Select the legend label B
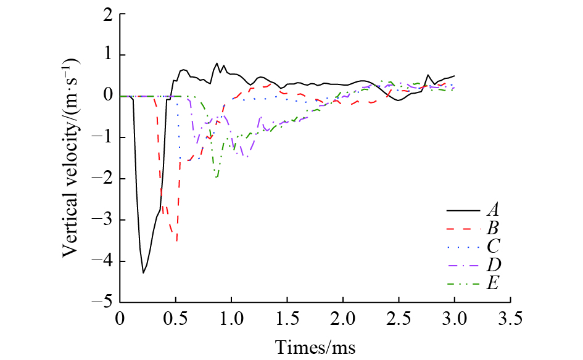(492, 229)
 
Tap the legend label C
(492, 247)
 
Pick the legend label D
(492, 265)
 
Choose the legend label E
(492, 283)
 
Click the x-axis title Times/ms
(315, 346)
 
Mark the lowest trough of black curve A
(143, 272)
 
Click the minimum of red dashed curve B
(177, 241)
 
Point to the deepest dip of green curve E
(217, 178)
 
